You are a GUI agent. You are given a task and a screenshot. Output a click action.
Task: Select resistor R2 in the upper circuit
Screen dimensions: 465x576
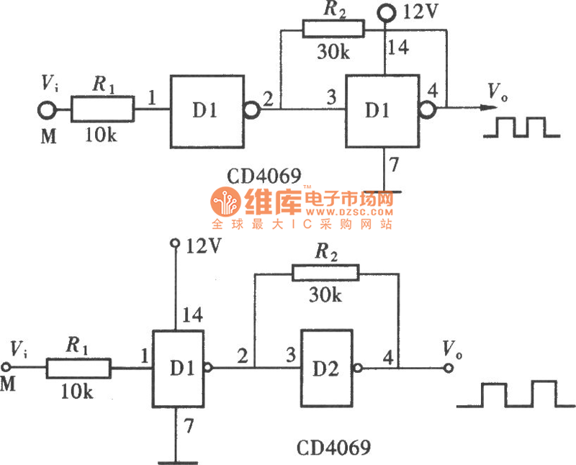pos(333,30)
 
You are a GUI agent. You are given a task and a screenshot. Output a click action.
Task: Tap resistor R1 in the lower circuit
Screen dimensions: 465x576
pos(78,369)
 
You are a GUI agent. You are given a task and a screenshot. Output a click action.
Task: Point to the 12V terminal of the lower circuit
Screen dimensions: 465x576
pos(174,245)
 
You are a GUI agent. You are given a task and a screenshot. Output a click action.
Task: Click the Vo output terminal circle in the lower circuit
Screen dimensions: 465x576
pos(449,368)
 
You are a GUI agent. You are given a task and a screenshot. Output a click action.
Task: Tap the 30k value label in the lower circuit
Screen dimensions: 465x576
pos(325,294)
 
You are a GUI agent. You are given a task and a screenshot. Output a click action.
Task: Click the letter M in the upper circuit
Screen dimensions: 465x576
pos(48,136)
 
